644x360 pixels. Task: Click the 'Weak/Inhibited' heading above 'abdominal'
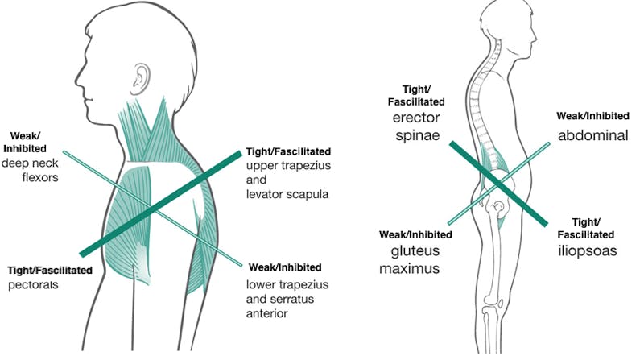(592, 116)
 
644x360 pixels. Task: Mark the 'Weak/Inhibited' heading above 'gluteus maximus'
(415, 234)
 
